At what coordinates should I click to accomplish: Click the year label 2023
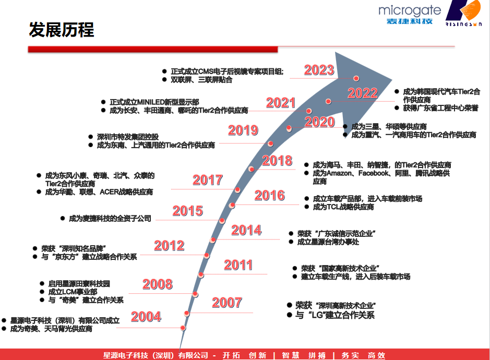319,70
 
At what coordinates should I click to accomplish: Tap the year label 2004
146,317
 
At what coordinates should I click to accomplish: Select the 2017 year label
208,180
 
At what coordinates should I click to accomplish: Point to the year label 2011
238,265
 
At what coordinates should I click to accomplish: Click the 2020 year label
320,122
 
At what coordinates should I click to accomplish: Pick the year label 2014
246,230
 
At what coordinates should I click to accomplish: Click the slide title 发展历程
62,30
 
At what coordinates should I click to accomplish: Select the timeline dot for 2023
356,78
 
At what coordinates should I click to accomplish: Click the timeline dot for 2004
183,328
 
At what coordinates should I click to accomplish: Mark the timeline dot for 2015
222,221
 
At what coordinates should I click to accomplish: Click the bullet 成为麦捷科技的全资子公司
106,219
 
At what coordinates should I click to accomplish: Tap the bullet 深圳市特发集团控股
124,137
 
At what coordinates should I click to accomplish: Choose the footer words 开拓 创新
244,355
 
